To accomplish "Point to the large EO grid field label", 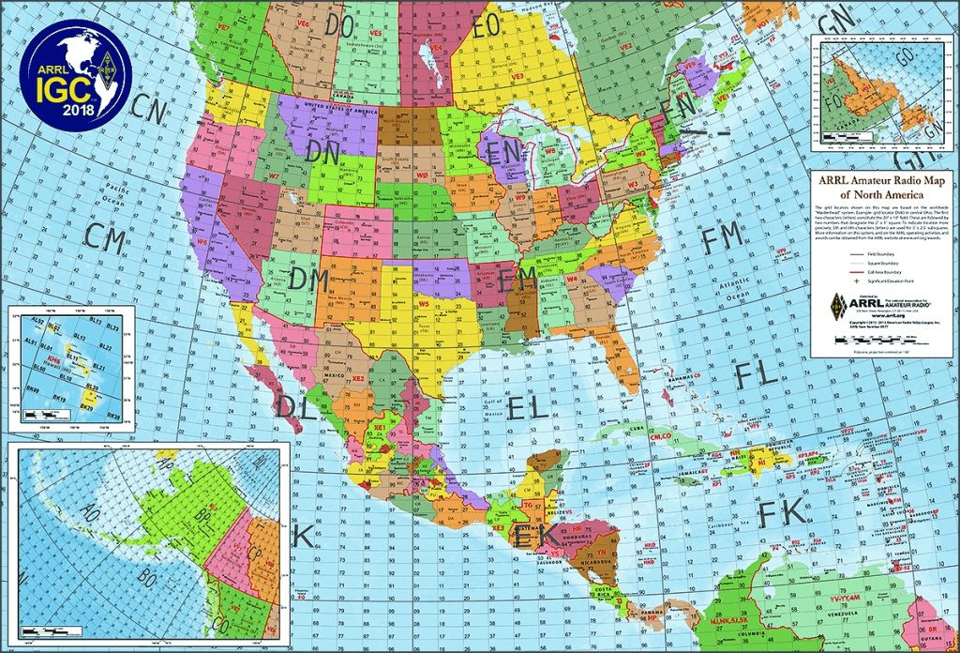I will [x=487, y=25].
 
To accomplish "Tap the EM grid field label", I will [x=518, y=279].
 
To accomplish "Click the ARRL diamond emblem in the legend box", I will [x=837, y=305].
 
